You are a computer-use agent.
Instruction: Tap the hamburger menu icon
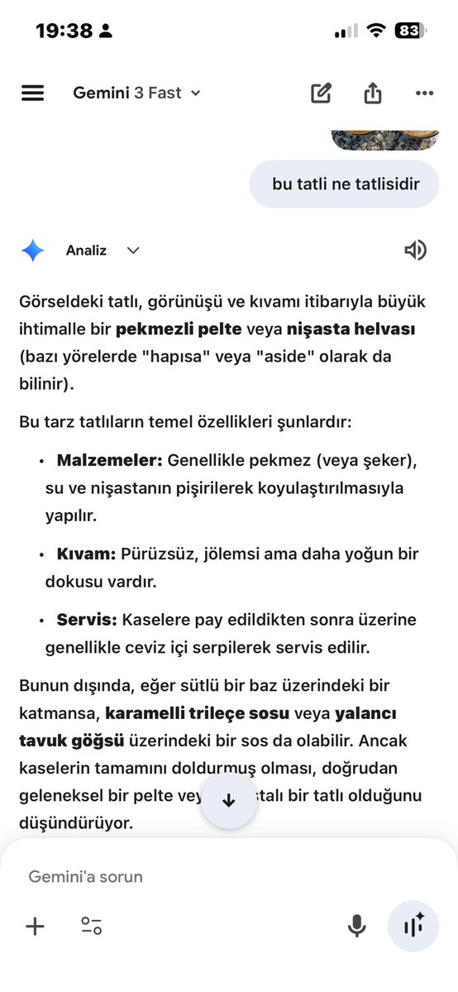click(x=32, y=93)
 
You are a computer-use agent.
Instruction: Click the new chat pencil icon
click(x=321, y=93)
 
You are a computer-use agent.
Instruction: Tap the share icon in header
click(x=373, y=93)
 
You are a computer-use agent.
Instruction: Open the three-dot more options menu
click(x=425, y=93)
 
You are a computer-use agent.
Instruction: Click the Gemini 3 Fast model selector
click(x=136, y=93)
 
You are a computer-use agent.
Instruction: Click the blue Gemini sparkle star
click(x=33, y=251)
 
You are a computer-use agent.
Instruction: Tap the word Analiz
click(x=86, y=251)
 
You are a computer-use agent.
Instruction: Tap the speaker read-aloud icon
click(x=416, y=251)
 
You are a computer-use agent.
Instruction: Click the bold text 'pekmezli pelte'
click(x=179, y=329)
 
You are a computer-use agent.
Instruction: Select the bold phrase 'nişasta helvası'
click(x=351, y=329)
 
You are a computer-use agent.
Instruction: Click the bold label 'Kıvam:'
click(x=87, y=554)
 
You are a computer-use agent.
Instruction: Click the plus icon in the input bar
click(x=35, y=926)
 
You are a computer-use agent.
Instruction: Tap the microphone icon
click(x=356, y=926)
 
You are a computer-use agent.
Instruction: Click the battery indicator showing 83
click(x=409, y=31)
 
